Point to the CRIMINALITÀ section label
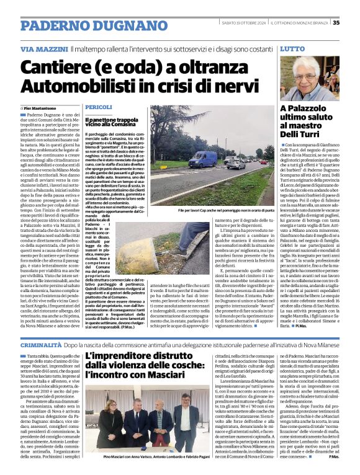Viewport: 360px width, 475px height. point(40,344)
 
